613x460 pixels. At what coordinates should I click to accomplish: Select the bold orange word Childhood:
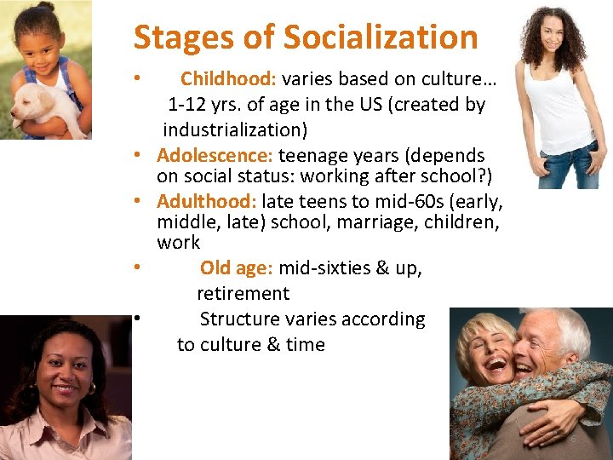click(x=228, y=79)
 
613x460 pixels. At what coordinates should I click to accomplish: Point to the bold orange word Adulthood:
click(x=207, y=202)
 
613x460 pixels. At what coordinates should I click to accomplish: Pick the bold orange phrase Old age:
click(x=236, y=268)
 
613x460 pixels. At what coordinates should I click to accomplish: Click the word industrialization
click(x=236, y=130)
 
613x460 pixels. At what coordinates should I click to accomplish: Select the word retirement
click(x=243, y=294)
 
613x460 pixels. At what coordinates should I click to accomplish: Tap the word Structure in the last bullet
click(x=238, y=319)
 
